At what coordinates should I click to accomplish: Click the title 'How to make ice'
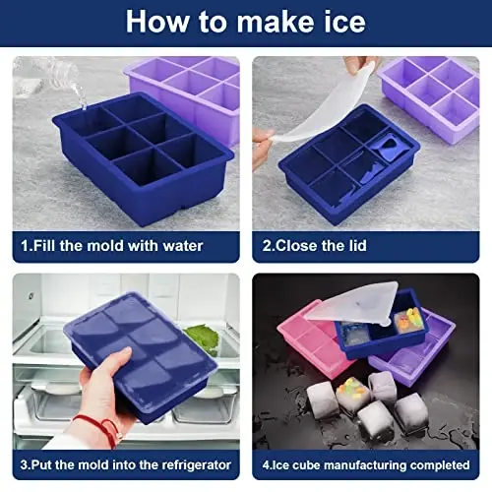246,22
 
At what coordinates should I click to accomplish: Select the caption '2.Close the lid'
324,246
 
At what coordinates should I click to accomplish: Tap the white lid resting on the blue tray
354,300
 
